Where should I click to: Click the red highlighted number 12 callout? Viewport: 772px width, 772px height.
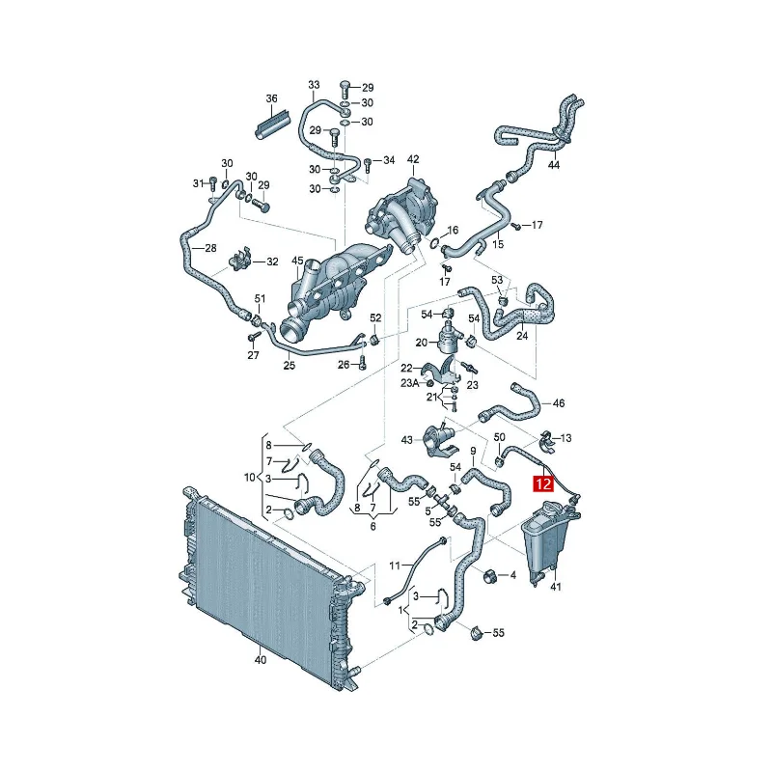coord(543,483)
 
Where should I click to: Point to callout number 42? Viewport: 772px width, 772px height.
coord(413,159)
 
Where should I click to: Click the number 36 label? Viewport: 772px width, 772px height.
coord(272,99)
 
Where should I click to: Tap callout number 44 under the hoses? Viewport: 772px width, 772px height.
coord(554,165)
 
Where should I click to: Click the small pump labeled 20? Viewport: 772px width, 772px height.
coord(449,336)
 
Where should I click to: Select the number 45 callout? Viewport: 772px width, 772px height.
coord(298,261)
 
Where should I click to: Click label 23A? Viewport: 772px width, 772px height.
coord(409,382)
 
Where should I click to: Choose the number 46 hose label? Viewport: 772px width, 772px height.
coord(559,403)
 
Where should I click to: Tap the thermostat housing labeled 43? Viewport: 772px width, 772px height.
coord(440,439)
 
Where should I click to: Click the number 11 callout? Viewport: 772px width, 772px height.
coord(395,565)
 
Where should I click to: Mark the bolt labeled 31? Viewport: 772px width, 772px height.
coord(212,183)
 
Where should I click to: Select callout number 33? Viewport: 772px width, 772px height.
coord(315,85)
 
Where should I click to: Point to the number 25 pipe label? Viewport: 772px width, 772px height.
coord(289,366)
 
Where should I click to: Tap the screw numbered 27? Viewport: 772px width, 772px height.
coord(255,336)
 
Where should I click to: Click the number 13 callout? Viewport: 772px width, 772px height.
coord(565,438)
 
